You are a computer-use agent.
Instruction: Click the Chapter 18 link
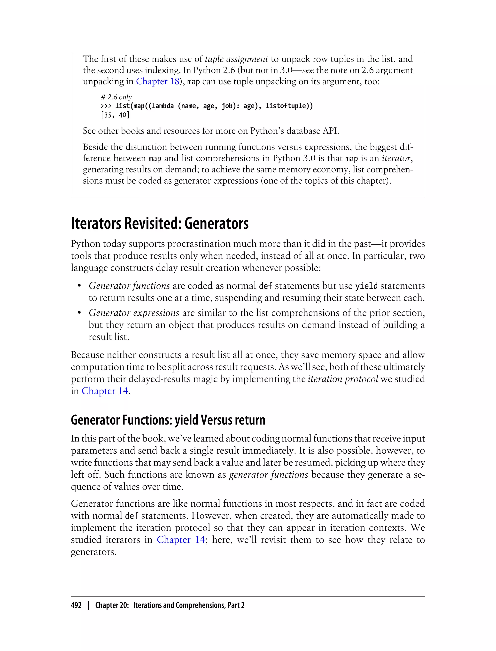pos(158,81)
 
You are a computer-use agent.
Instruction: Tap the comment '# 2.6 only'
pos(116,97)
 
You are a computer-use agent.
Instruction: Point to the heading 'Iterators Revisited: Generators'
pos(159,224)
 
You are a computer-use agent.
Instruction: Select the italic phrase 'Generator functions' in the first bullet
pos(129,286)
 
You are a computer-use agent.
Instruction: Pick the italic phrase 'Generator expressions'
pos(134,313)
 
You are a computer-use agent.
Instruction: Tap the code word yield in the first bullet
pos(366,286)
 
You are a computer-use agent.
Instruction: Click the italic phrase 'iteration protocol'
pos(343,379)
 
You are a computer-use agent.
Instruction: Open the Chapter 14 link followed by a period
pos(105,391)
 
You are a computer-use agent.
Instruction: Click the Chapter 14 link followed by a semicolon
pos(181,540)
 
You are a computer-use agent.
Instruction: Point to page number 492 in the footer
pos(76,605)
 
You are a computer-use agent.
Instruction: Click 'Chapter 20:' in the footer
pos(112,605)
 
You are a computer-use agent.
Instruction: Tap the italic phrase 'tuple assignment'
pos(236,59)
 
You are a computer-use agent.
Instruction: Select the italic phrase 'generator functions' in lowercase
pos(268,475)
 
